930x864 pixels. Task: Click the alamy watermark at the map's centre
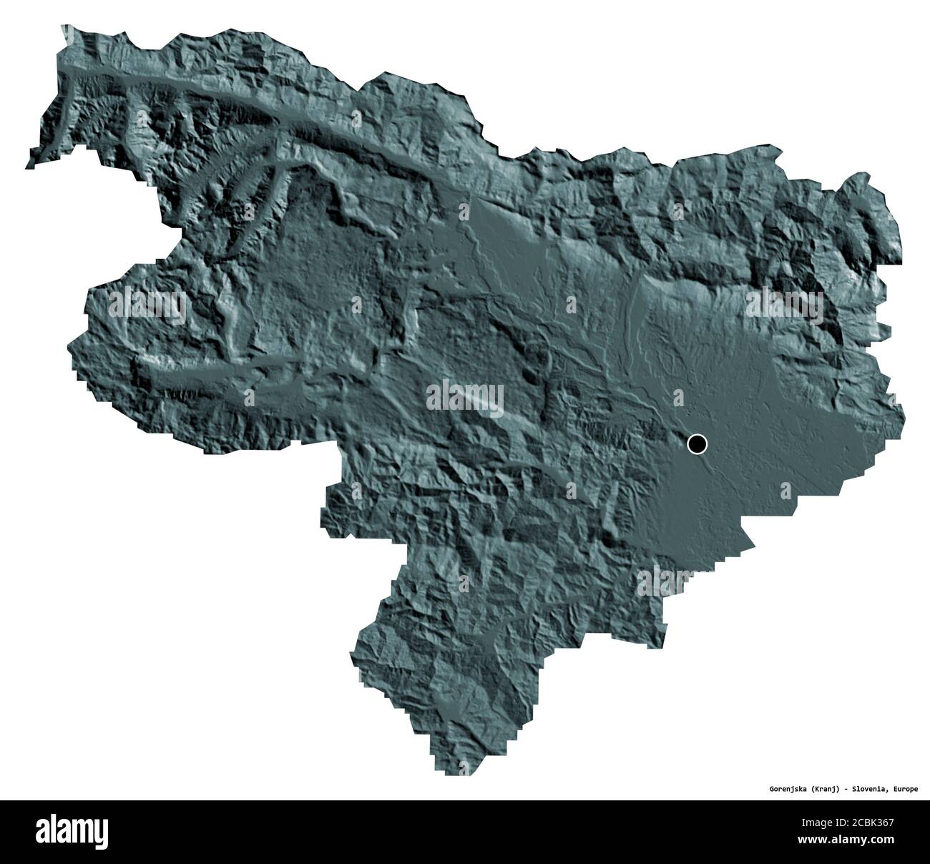[x=465, y=398]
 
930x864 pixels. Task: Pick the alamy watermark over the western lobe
[x=147, y=305]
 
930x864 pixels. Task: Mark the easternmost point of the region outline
[x=904, y=415]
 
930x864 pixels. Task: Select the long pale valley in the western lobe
[x=215, y=372]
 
